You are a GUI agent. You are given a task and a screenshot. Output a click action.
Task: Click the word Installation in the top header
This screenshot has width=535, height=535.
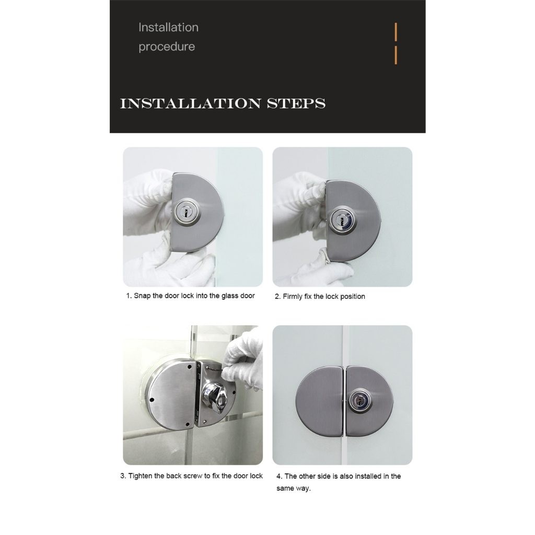(x=168, y=27)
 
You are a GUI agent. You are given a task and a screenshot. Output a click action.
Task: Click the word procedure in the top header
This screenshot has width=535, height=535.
(x=167, y=46)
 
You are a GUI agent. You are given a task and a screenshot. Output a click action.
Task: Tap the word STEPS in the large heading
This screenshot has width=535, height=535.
(x=296, y=103)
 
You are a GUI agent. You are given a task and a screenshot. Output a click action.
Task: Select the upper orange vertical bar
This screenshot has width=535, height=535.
(x=396, y=32)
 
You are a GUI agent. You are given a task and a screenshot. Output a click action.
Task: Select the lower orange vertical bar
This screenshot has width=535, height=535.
(x=396, y=55)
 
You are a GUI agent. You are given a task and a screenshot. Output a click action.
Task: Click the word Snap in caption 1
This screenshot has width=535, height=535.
(x=142, y=296)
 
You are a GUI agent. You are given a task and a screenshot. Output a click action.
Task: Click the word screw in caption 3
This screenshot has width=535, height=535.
(x=193, y=475)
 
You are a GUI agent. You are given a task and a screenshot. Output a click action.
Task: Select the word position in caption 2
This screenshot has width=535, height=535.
(x=352, y=297)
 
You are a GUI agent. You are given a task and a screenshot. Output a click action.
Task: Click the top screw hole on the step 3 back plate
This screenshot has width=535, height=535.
(x=189, y=368)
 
